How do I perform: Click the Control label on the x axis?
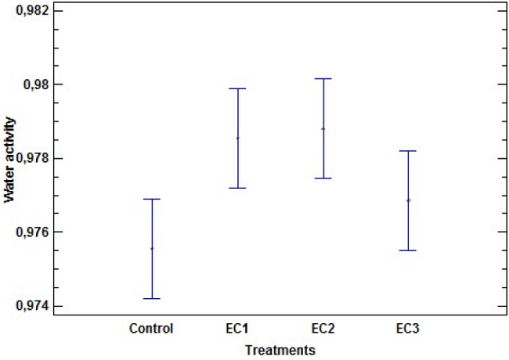pyautogui.click(x=151, y=329)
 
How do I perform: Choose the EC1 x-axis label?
pyautogui.click(x=236, y=329)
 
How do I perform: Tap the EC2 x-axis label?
pyautogui.click(x=323, y=329)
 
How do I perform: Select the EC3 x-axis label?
pyautogui.click(x=408, y=329)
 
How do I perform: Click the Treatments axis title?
pyautogui.click(x=280, y=349)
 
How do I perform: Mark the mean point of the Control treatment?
pyautogui.click(x=152, y=248)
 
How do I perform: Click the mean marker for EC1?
pyautogui.click(x=237, y=138)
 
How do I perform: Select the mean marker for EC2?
pyautogui.click(x=323, y=128)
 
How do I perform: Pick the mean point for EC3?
pyautogui.click(x=408, y=200)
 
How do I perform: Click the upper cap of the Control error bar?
pyautogui.click(x=152, y=199)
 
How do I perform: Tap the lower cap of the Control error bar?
pyautogui.click(x=152, y=298)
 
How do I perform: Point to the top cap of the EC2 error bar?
pyautogui.click(x=323, y=78)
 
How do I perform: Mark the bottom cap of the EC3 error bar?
pyautogui.click(x=408, y=250)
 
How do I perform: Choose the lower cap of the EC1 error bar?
pyautogui.click(x=237, y=188)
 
